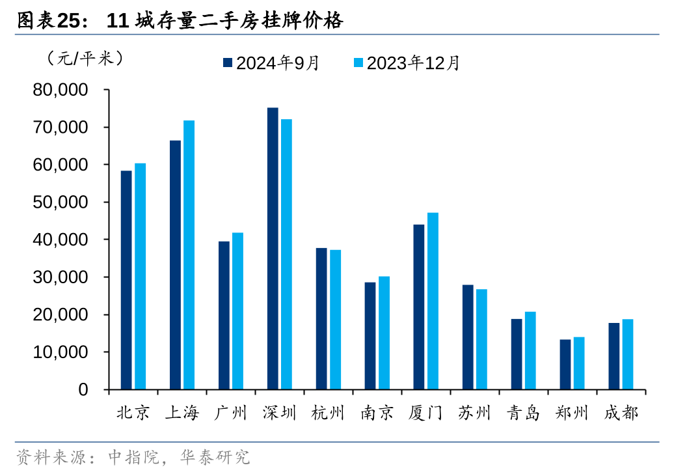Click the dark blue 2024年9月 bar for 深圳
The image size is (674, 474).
[273, 249]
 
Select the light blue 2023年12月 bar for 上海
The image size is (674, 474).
[189, 255]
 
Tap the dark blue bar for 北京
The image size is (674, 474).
[126, 280]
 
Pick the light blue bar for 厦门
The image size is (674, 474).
[433, 301]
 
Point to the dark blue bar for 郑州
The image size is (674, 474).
[565, 365]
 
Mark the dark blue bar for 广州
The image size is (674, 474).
[224, 315]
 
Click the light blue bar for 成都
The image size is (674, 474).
[628, 354]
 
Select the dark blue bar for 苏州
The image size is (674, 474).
[468, 337]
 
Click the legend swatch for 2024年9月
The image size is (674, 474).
[228, 63]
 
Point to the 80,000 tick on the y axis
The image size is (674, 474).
[61, 90]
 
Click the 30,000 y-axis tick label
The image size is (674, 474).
[61, 277]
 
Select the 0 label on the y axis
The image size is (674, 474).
[83, 390]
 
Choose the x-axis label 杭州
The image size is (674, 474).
[328, 413]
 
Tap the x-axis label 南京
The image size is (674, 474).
[377, 413]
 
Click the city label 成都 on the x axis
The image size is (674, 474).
[621, 413]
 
